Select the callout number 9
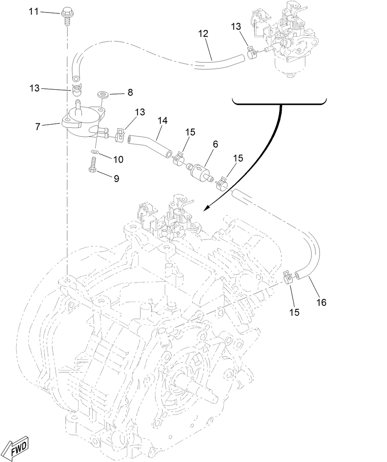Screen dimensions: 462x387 [116, 178]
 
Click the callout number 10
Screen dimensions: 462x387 [117, 159]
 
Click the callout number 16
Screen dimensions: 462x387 [321, 302]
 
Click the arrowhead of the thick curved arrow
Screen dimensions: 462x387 [206, 208]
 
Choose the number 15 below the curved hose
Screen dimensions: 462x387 [294, 311]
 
